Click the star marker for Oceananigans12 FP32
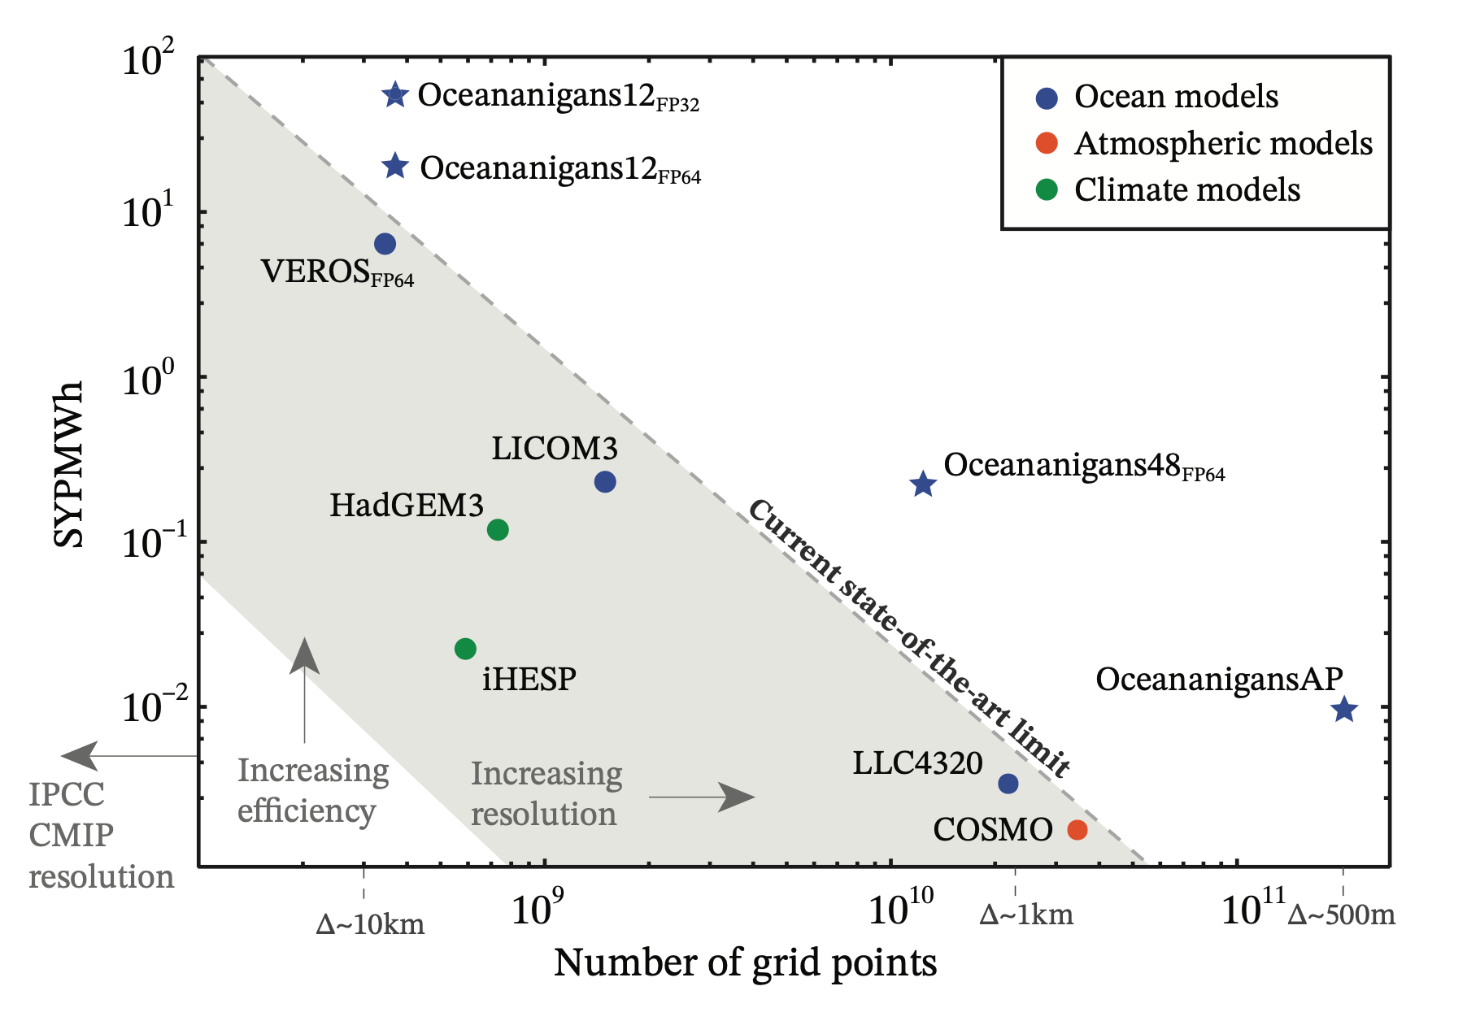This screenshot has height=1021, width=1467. pyautogui.click(x=394, y=95)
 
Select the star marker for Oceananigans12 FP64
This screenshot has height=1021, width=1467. pyautogui.click(x=395, y=167)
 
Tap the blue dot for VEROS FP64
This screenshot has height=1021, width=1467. pyautogui.click(x=385, y=244)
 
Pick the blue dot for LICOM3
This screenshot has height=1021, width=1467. pyautogui.click(x=605, y=482)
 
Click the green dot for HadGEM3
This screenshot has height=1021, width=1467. pyautogui.click(x=498, y=530)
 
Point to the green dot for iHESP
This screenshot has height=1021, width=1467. pyautogui.click(x=465, y=649)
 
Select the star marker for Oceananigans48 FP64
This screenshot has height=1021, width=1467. pyautogui.click(x=923, y=484)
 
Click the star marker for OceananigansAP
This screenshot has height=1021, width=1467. pyautogui.click(x=1344, y=710)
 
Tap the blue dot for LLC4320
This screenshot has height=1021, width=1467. pyautogui.click(x=1008, y=784)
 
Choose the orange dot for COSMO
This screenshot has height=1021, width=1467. pyautogui.click(x=1077, y=830)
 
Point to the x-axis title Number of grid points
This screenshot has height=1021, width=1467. pyautogui.click(x=745, y=963)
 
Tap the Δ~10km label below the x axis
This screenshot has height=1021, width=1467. pyautogui.click(x=370, y=924)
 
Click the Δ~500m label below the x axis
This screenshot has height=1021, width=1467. pyautogui.click(x=1342, y=915)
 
